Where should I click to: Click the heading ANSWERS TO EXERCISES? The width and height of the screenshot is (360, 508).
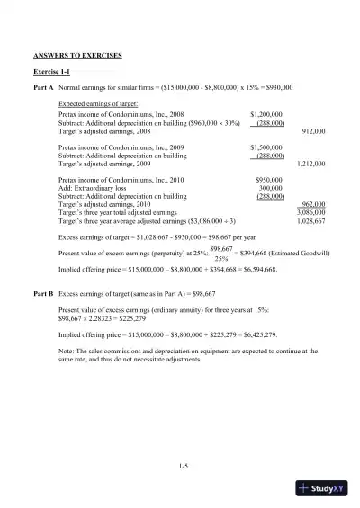pyautogui.click(x=77, y=56)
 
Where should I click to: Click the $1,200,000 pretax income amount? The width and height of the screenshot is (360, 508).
pyautogui.click(x=266, y=115)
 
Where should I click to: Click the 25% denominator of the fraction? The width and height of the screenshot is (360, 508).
pyautogui.click(x=220, y=258)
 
